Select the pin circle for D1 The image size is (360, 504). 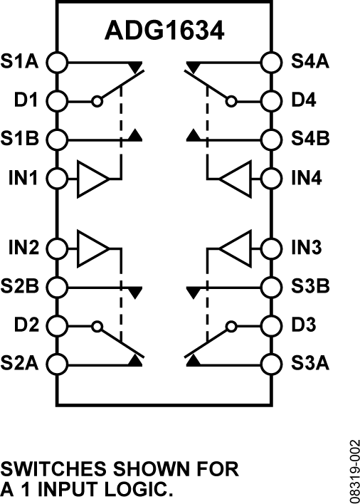click(x=56, y=100)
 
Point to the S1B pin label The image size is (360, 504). click(x=23, y=138)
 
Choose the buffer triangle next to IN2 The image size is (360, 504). click(x=93, y=248)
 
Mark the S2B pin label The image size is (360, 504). click(x=23, y=287)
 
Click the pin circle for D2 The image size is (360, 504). click(x=56, y=325)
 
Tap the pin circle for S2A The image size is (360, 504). click(x=56, y=364)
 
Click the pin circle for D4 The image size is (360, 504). click(x=270, y=100)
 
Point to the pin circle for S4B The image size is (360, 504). click(x=270, y=138)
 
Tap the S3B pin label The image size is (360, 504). click(x=310, y=287)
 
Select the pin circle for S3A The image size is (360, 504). click(x=270, y=364)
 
